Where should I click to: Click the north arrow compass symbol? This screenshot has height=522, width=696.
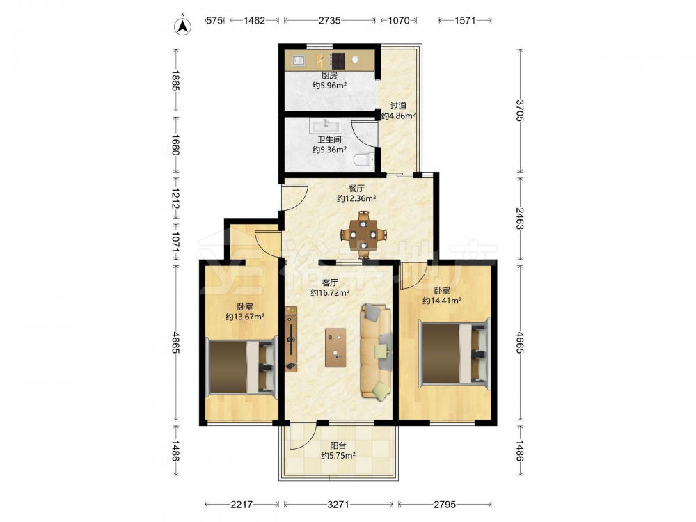[182, 26]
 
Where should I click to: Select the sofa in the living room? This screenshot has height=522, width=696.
[377, 351]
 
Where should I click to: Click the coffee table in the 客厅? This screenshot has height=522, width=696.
[335, 347]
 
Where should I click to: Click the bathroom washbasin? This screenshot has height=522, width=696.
[326, 125]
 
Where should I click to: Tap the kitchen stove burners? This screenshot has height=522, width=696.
[338, 61]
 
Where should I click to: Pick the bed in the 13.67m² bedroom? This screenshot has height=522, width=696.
[241, 366]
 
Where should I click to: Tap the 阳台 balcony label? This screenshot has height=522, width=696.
[338, 445]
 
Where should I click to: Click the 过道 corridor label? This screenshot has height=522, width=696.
[398, 106]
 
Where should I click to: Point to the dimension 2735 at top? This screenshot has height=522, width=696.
[329, 20]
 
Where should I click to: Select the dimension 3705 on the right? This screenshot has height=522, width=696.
[520, 110]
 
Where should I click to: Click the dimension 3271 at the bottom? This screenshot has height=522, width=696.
[338, 504]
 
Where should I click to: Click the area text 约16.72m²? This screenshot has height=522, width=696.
[330, 292]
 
